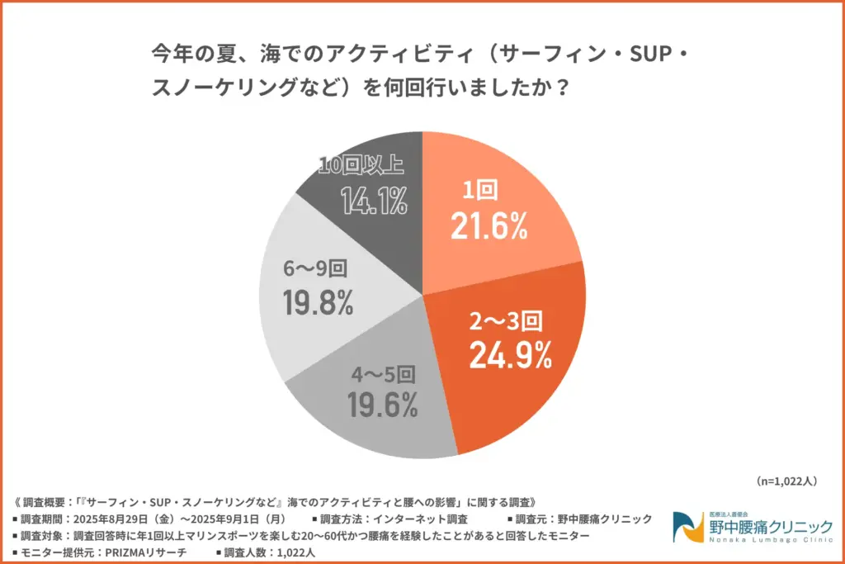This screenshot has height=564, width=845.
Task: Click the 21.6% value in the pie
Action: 489,225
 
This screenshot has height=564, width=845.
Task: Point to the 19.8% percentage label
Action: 318,303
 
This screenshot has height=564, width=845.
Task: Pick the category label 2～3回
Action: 506,320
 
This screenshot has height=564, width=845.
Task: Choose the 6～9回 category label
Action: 317,269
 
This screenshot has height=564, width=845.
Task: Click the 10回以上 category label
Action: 361,165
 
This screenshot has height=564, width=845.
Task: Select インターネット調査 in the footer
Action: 421,519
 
